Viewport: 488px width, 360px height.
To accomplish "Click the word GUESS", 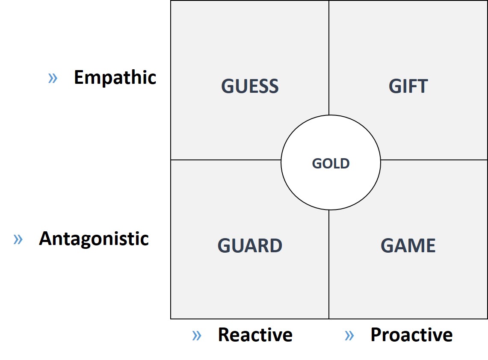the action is pos(250,86).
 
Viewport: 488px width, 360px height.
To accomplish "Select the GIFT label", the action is pos(408,86).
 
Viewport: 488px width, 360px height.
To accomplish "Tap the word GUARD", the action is pos(250,245).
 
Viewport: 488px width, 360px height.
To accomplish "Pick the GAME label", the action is pos(408,245).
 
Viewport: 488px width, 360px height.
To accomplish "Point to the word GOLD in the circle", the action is pos(331,163).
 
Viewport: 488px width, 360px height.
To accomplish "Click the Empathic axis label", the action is pos(115,77).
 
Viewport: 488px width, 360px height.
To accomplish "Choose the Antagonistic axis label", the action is pos(94,239).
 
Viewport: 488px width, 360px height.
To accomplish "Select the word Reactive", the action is pos(255,335).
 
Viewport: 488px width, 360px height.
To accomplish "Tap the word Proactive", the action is pos(411,335).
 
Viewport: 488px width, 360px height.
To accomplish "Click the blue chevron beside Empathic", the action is pos(53,78).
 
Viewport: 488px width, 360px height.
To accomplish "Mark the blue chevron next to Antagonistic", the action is pos(18,239).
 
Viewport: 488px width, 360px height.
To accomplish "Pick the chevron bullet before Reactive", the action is pos(197,336).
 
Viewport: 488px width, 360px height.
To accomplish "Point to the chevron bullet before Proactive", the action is pos(349,336).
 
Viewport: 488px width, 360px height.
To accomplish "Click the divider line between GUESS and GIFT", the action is pos(329,58).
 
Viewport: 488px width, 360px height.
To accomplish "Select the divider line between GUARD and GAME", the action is pos(329,265).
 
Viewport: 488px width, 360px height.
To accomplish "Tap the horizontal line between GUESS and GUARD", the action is pos(226,160).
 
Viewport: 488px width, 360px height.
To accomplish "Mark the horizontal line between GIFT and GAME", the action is pos(434,160).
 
